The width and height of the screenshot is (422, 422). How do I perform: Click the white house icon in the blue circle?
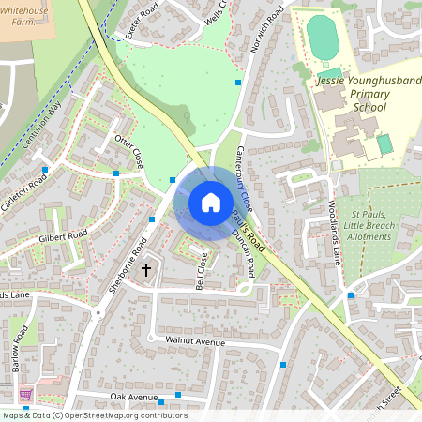[211, 202]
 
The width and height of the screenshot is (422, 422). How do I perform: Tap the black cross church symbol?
[146, 270]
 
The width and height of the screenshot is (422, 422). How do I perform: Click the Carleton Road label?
[24, 193]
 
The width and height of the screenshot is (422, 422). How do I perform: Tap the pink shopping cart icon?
[25, 394]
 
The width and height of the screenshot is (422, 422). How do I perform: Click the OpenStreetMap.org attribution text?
[122, 415]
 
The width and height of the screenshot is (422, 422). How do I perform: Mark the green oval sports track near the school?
[322, 37]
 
